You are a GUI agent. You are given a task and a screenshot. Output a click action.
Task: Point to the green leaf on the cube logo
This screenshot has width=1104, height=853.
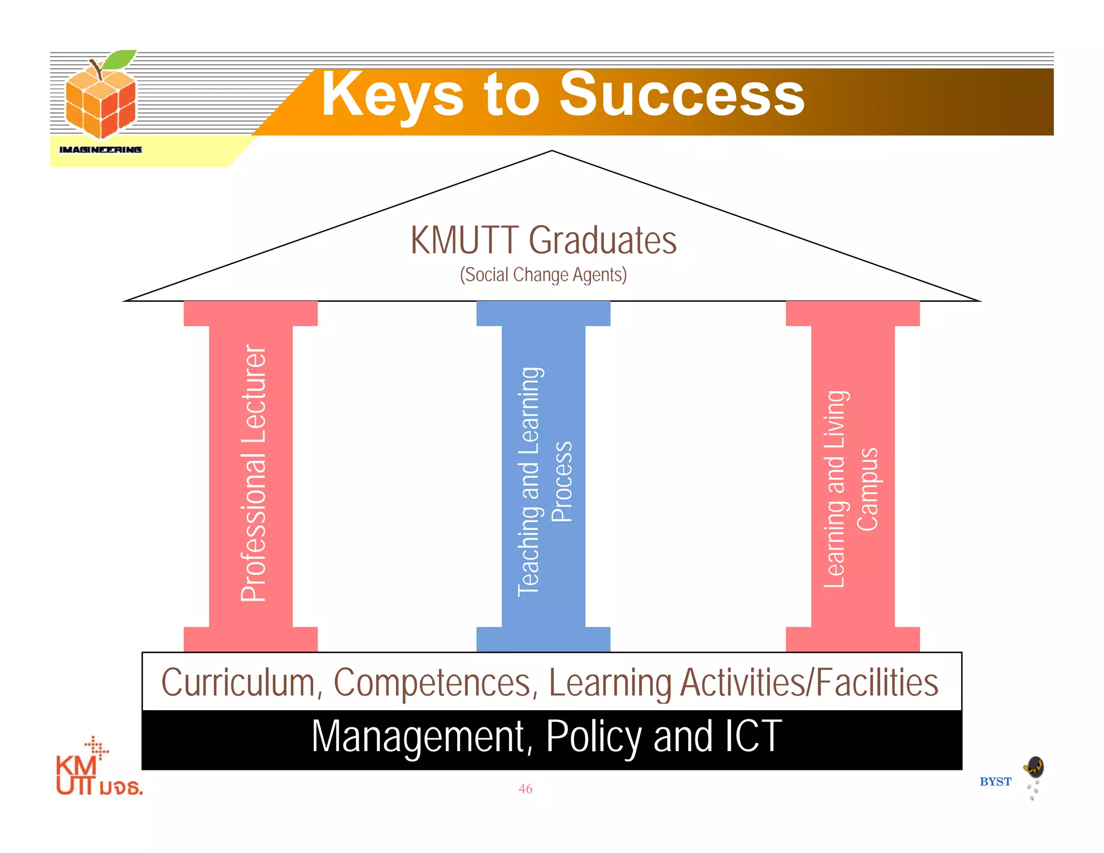point(120,59)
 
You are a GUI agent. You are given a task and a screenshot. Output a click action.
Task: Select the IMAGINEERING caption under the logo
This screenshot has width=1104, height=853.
point(101,149)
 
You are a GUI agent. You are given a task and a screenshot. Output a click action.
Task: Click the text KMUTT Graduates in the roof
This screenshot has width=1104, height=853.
point(543,240)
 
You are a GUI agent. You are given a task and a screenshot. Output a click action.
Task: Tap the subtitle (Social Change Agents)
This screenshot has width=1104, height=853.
point(543,275)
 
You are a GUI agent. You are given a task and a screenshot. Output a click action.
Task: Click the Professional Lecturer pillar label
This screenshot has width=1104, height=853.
point(253,473)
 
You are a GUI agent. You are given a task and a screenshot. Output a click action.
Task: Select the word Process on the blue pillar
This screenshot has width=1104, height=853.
point(562,481)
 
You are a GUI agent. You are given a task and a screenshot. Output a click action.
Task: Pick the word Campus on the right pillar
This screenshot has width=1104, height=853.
point(868,489)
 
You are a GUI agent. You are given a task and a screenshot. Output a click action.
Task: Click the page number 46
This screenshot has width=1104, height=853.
point(525,789)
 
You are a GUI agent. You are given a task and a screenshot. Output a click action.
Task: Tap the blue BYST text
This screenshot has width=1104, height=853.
point(995,782)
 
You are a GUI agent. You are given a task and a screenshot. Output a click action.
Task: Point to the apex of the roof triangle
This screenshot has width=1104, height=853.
point(552,151)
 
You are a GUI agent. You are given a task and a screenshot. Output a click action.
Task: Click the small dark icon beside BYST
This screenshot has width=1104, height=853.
point(1034,767)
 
